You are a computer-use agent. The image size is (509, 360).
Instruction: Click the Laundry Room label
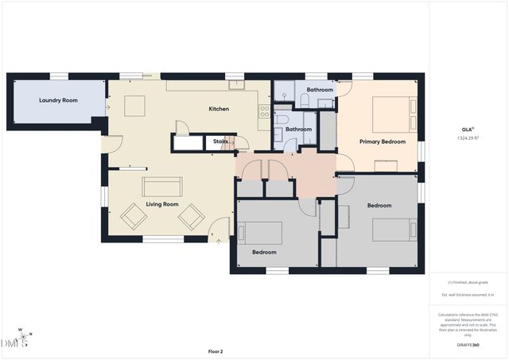coord(58,101)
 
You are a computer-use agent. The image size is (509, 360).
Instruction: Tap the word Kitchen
coord(219,109)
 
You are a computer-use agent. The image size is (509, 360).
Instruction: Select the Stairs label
coord(220,142)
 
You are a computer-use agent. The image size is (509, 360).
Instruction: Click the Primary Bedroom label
coord(382,142)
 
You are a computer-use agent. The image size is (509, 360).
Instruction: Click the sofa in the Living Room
coord(161,186)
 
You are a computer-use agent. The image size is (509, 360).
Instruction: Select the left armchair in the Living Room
coord(133,215)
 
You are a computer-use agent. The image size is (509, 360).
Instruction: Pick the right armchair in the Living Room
coord(191,215)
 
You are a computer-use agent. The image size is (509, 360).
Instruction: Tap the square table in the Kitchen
coord(134,106)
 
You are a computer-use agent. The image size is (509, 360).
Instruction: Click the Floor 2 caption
coord(216,350)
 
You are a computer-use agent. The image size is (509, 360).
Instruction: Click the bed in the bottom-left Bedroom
coord(262,233)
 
